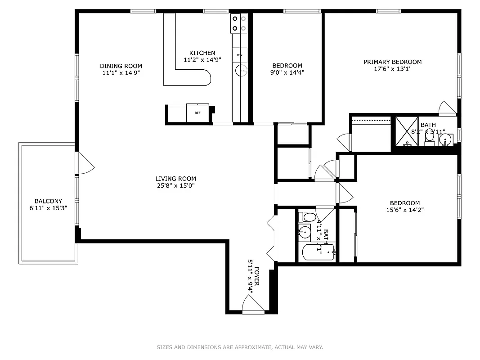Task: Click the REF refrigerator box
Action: tap(197, 113)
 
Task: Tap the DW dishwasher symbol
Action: tap(240, 55)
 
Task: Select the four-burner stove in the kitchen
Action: tap(239, 23)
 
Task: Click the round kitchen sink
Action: tap(242, 70)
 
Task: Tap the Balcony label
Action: tap(48, 201)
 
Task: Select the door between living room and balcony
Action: tap(85, 163)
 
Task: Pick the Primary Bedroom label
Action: tap(392, 62)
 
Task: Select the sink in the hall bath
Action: tap(305, 233)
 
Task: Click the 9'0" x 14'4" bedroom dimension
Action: tap(286, 72)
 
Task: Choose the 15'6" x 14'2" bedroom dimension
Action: tap(404, 210)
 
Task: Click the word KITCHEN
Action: tap(202, 53)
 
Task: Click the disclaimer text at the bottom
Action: tap(240, 347)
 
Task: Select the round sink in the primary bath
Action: tap(445, 139)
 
